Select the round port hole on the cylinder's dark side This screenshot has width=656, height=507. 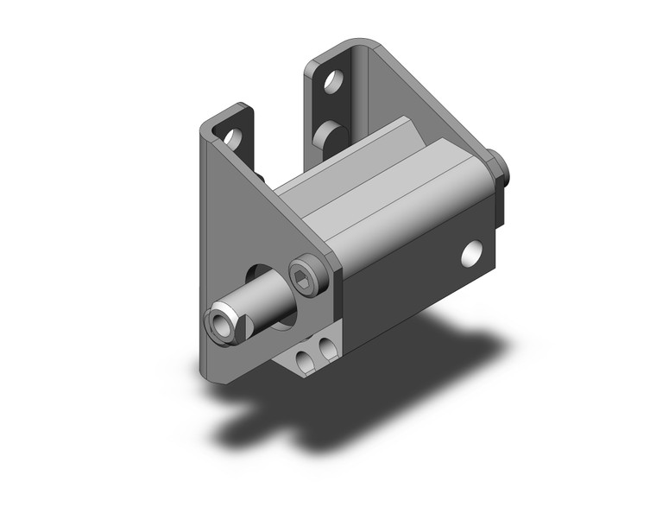tap(471, 252)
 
